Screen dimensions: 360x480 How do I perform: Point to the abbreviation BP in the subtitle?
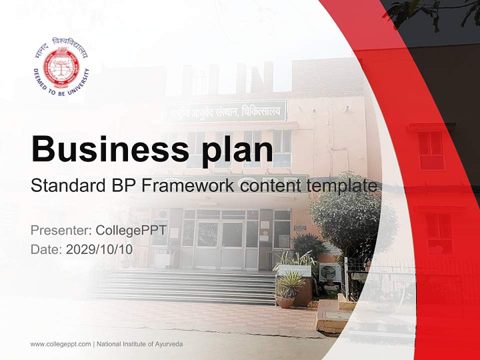(x=121, y=186)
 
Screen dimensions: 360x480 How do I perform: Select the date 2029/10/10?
(x=99, y=249)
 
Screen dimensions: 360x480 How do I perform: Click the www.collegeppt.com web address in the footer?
(x=60, y=344)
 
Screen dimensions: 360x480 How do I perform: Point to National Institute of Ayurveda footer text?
(x=139, y=344)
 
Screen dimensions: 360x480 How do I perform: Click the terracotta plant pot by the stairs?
(x=285, y=302)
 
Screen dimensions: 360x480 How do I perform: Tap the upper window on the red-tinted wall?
(x=431, y=150)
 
